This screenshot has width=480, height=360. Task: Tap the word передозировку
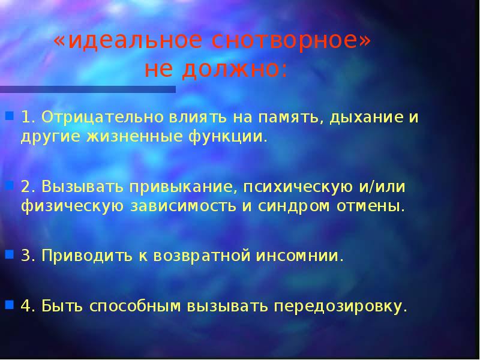coord(341,307)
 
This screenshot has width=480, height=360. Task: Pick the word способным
coord(135,307)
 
